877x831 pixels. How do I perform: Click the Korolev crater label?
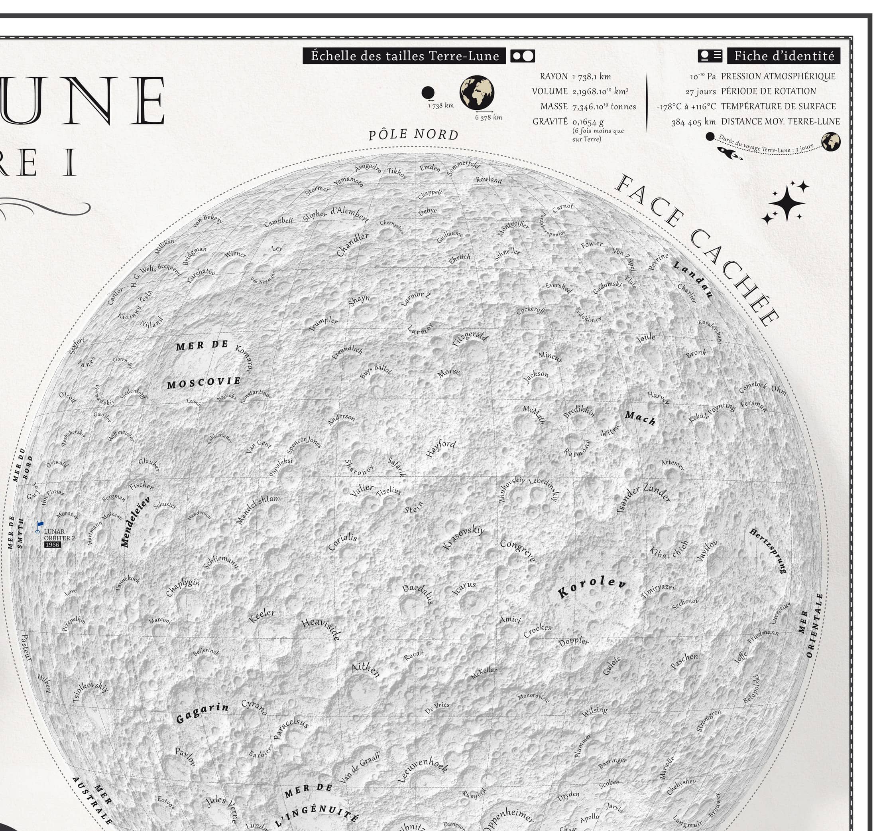click(592, 588)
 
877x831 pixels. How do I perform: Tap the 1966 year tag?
click(52, 545)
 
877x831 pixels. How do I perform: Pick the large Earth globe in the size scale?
click(477, 93)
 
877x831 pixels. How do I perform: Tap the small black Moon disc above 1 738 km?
click(428, 93)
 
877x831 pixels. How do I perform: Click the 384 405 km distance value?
click(693, 122)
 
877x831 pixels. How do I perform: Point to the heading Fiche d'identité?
click(784, 56)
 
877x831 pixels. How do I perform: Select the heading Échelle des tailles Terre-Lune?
click(405, 56)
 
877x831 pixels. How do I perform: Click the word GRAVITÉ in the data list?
click(550, 121)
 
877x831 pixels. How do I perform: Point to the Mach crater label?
click(640, 418)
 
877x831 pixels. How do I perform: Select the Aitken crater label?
click(365, 670)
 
